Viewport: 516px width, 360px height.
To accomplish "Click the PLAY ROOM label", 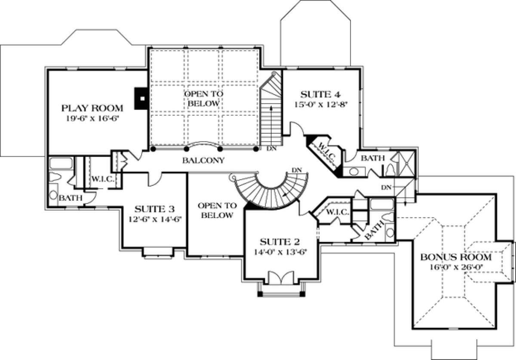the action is (92, 108).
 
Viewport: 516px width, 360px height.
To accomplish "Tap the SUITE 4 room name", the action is (320, 95).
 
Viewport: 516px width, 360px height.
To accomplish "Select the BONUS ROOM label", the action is (456, 257).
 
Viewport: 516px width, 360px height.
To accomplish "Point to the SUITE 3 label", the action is (154, 209).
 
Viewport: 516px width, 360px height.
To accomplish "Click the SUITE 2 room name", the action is (280, 242).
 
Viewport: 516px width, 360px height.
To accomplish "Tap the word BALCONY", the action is (203, 160).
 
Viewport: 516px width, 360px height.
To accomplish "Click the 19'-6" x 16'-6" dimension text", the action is (92, 119).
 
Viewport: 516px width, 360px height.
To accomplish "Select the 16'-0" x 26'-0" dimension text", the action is (456, 267).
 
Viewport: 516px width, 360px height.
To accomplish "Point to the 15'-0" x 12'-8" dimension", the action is (321, 105).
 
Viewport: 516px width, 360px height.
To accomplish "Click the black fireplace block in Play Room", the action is (141, 98).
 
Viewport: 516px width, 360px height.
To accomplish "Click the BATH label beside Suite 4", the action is (373, 158).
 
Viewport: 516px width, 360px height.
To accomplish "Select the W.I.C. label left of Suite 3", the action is (103, 179).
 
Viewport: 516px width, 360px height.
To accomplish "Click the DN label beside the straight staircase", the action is (271, 149).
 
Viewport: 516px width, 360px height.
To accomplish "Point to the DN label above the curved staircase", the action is (297, 170).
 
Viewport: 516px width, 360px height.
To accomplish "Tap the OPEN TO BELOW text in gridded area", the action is (204, 98).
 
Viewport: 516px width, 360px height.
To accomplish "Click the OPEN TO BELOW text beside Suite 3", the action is (217, 210).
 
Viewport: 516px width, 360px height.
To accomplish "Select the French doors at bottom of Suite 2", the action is (281, 278).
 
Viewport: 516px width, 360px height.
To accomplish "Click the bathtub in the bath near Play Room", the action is (61, 163).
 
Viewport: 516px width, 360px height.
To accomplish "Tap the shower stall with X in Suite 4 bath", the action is (407, 163).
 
